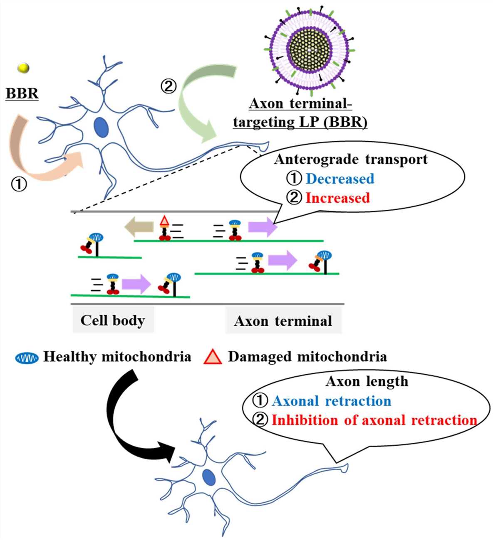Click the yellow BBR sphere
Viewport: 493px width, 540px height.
24,68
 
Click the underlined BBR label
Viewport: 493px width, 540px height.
22,93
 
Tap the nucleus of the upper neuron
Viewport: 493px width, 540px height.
101,127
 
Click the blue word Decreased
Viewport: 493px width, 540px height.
340,179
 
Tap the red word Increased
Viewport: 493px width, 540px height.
337,198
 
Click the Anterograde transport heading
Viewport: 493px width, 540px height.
351,160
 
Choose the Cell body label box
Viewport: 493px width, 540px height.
113,320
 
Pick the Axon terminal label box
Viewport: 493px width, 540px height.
283,321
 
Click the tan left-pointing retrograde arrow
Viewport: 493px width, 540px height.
139,227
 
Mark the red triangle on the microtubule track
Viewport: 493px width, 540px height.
165,221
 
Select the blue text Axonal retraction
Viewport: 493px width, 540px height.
331,401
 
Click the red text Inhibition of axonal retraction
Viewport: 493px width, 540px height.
374,420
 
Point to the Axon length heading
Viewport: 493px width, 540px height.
367,381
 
